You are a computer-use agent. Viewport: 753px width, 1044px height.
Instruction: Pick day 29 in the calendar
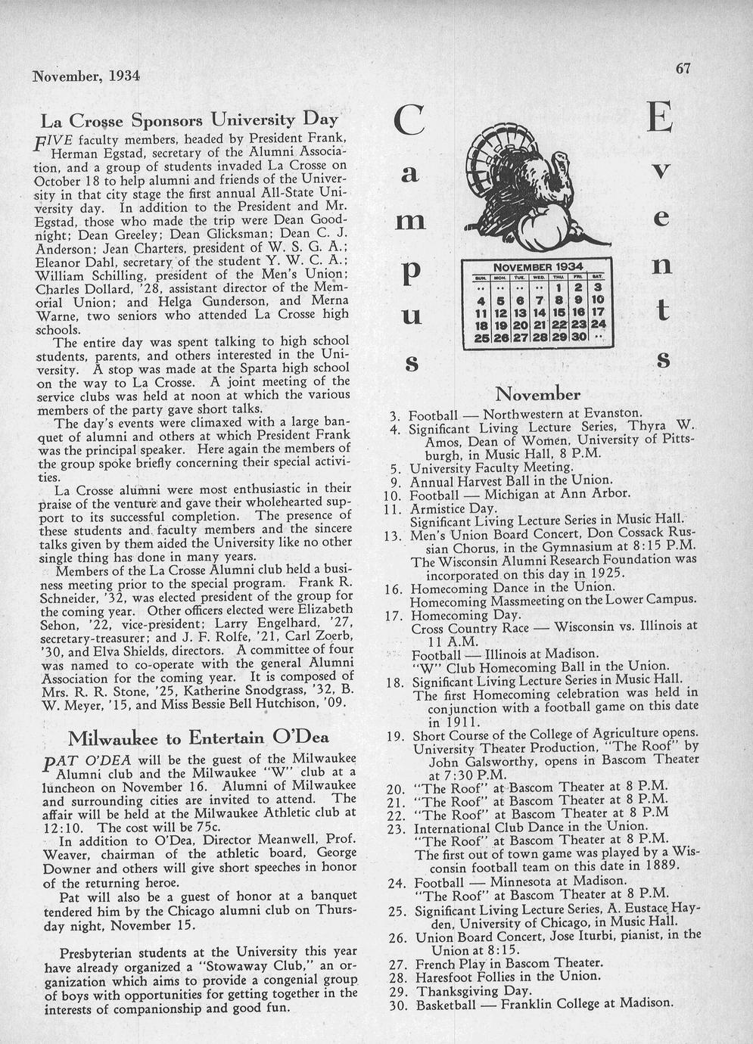[x=559, y=336]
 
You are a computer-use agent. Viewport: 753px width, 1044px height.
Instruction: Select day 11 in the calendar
[x=480, y=312]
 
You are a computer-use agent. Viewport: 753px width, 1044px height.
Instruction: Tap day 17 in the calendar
[x=598, y=312]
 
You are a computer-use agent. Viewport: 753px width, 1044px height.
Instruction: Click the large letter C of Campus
[x=409, y=121]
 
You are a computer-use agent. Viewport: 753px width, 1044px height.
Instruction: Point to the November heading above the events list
[x=537, y=394]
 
